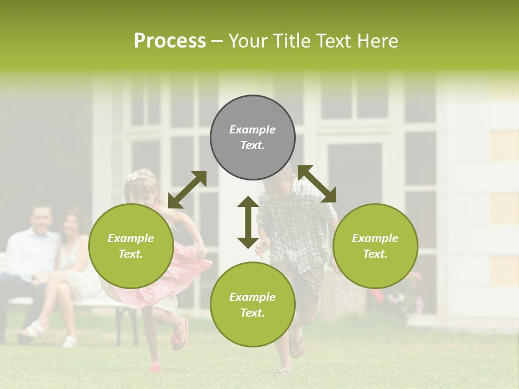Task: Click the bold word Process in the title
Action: point(170,41)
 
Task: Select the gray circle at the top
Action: point(252,138)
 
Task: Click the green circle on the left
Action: point(131,246)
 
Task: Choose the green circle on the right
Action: point(375,246)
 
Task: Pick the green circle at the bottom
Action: point(252,304)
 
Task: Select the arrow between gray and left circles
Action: point(187,190)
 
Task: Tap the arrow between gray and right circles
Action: point(317,184)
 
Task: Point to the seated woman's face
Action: point(71,226)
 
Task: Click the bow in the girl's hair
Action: point(132,176)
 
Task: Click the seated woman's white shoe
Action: point(69,341)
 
